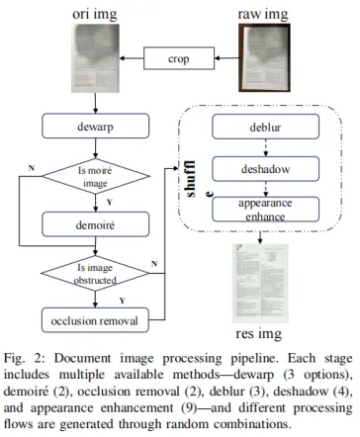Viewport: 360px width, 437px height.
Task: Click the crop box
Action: coord(179,58)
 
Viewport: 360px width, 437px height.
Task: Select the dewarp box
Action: coord(95,126)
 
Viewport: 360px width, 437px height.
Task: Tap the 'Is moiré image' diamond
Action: coord(95,176)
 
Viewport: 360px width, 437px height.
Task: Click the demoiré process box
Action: coord(95,224)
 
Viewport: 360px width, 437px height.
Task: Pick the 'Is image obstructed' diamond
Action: coord(95,273)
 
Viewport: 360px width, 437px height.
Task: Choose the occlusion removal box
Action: coord(95,320)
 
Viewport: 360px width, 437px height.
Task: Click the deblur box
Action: coord(265,127)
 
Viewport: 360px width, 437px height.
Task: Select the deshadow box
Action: coord(265,169)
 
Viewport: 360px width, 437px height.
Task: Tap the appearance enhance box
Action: coord(265,210)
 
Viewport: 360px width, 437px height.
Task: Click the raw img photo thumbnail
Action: coord(264,57)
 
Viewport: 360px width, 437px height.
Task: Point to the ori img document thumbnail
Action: coord(95,58)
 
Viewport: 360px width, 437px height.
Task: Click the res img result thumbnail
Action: coord(260,284)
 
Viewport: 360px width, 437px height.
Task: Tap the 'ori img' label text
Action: coord(95,15)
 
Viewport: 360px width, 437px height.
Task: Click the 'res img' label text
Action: coord(259,334)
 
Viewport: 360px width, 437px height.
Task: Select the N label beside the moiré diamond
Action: coord(32,168)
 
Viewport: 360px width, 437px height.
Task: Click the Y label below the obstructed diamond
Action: coord(123,301)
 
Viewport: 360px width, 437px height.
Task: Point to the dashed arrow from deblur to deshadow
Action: coord(266,147)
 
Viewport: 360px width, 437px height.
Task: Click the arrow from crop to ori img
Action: coord(132,58)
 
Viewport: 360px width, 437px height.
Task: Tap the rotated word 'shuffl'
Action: coord(190,179)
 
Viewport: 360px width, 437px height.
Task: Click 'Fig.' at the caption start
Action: coord(14,359)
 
